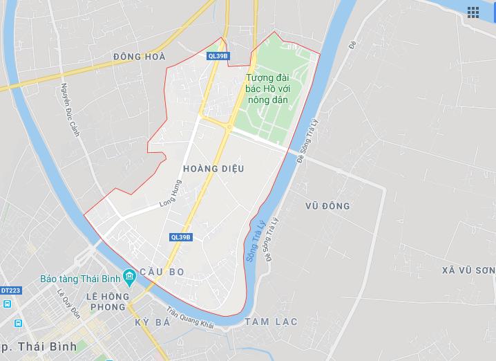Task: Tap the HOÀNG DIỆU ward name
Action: click(213, 168)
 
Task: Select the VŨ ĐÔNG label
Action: click(327, 206)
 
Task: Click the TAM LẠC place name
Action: click(270, 322)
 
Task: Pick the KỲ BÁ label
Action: click(153, 324)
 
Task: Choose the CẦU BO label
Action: click(162, 272)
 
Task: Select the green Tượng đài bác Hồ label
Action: click(271, 89)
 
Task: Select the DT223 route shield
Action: click(9, 290)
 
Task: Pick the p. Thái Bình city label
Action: click(37, 345)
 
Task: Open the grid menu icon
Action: click(473, 12)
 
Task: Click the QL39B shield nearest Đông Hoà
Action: click(217, 56)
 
